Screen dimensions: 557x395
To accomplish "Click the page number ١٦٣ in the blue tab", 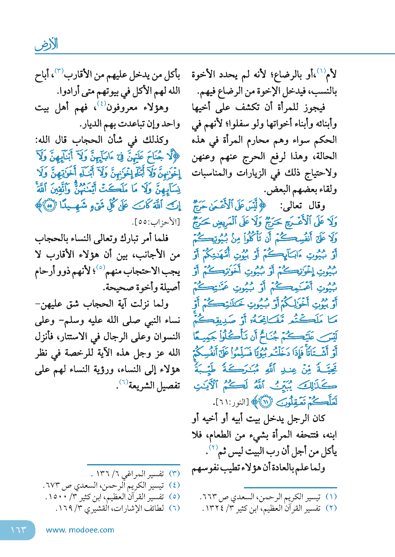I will (18, 530).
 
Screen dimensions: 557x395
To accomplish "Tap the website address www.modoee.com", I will (80, 530).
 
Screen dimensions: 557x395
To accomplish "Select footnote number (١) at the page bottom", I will (331, 497).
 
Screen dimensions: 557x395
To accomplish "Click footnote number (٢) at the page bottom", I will (331, 508).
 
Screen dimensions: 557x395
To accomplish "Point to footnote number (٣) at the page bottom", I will (174, 474).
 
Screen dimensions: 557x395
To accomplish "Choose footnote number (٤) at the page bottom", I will (174, 485).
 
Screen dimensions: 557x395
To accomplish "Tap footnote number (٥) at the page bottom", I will (174, 497).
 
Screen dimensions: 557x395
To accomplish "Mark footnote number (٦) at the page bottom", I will (174, 508).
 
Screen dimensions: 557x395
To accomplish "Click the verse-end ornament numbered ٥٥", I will (50, 205).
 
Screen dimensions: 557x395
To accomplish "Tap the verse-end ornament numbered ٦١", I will (266, 402).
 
